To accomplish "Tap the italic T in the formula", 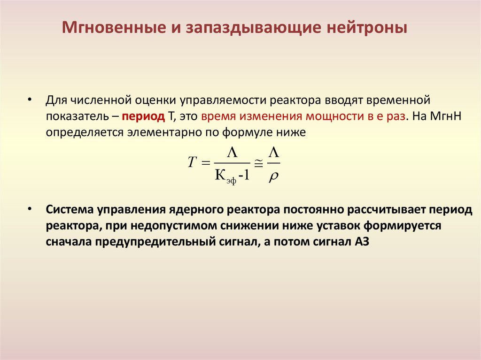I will pyautogui.click(x=191, y=162).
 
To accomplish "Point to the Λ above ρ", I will pyautogui.click(x=273, y=151).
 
